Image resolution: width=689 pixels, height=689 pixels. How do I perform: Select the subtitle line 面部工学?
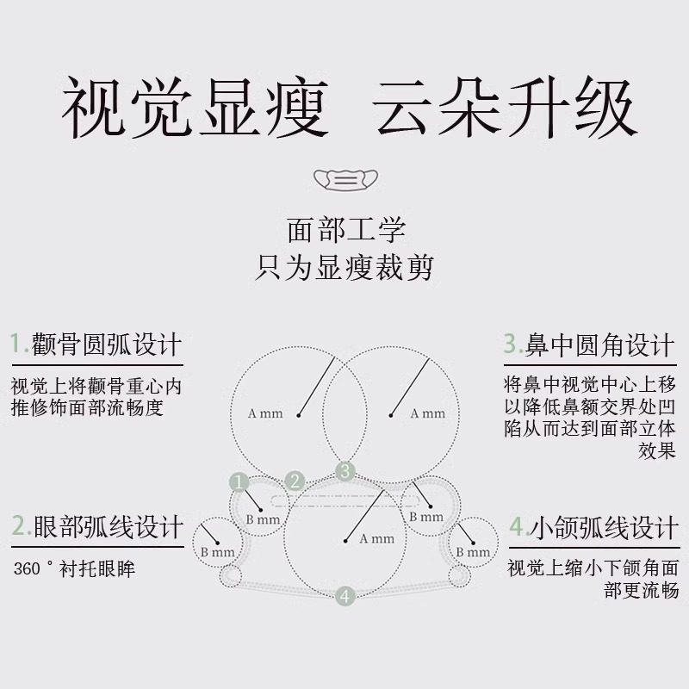(345, 231)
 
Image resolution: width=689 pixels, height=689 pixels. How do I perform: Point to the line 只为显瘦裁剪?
(345, 266)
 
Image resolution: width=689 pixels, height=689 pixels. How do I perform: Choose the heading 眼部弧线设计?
(107, 525)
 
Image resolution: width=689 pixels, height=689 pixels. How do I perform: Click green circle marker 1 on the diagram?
(239, 482)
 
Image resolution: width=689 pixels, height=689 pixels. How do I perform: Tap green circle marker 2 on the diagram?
(295, 481)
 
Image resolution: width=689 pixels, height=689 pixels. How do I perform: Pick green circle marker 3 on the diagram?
(345, 470)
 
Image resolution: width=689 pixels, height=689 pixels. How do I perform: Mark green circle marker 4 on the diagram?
(345, 595)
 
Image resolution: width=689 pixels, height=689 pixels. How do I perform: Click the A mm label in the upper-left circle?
(265, 413)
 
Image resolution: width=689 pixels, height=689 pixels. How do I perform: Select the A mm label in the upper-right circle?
(428, 413)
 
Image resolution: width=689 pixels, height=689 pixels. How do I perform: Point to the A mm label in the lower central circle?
(376, 539)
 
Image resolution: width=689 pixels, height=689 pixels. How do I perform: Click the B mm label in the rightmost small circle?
(473, 552)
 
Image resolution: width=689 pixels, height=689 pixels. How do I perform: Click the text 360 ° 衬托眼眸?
(74, 569)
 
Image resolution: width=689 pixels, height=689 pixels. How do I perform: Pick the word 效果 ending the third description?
(657, 450)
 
